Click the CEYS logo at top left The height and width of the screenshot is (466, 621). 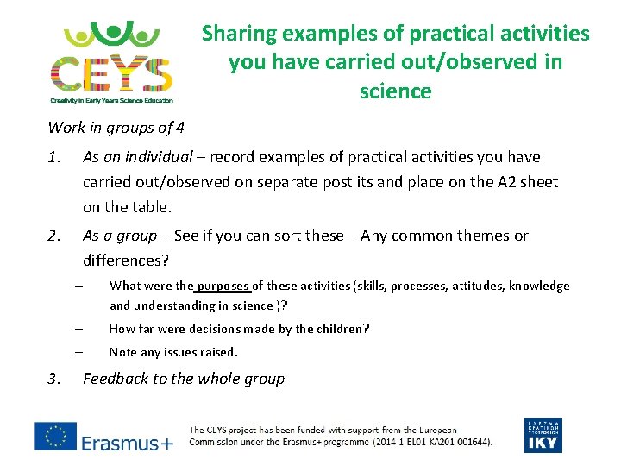coord(111,59)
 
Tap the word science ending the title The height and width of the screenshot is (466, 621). coord(395,91)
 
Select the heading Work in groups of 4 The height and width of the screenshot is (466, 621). coord(116,128)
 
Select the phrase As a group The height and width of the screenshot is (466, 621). coord(120,236)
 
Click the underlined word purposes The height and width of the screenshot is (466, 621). coord(224,287)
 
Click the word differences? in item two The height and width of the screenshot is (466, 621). coord(126,261)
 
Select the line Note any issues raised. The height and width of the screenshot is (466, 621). coord(173,352)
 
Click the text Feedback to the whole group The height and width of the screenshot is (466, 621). coord(183,379)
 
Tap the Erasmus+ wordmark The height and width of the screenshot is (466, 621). coord(128,443)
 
